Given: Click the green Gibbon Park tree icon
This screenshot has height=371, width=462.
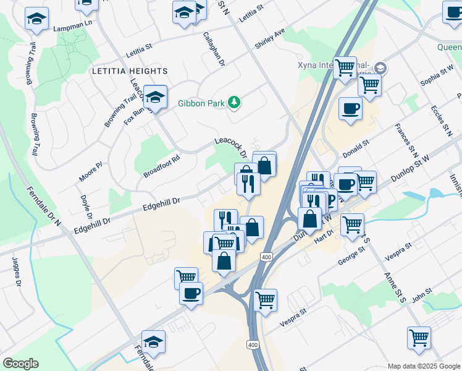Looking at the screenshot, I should click(x=234, y=102).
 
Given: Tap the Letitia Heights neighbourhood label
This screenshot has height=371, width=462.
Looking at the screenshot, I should click(x=121, y=71).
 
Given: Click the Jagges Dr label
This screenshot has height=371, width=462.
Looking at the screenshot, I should click(x=17, y=271).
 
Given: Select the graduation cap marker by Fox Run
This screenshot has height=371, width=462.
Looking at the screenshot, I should click(x=156, y=96).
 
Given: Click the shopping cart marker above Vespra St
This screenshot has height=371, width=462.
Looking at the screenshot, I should click(x=265, y=300).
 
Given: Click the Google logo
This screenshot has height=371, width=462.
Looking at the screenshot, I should click(x=20, y=364).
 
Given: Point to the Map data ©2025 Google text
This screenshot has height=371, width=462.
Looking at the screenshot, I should click(x=423, y=366).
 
